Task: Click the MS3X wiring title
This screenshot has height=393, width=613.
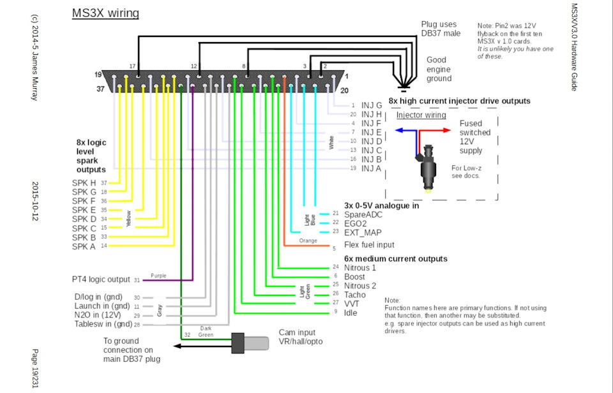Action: [105, 13]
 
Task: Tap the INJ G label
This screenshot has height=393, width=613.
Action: [372, 105]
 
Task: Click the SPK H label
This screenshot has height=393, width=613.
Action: [84, 183]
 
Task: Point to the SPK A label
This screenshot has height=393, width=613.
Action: [84, 246]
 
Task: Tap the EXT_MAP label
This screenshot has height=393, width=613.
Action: [363, 232]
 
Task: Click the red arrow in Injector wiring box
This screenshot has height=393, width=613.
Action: [439, 130]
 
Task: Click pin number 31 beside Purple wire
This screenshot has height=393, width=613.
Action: [136, 279]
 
